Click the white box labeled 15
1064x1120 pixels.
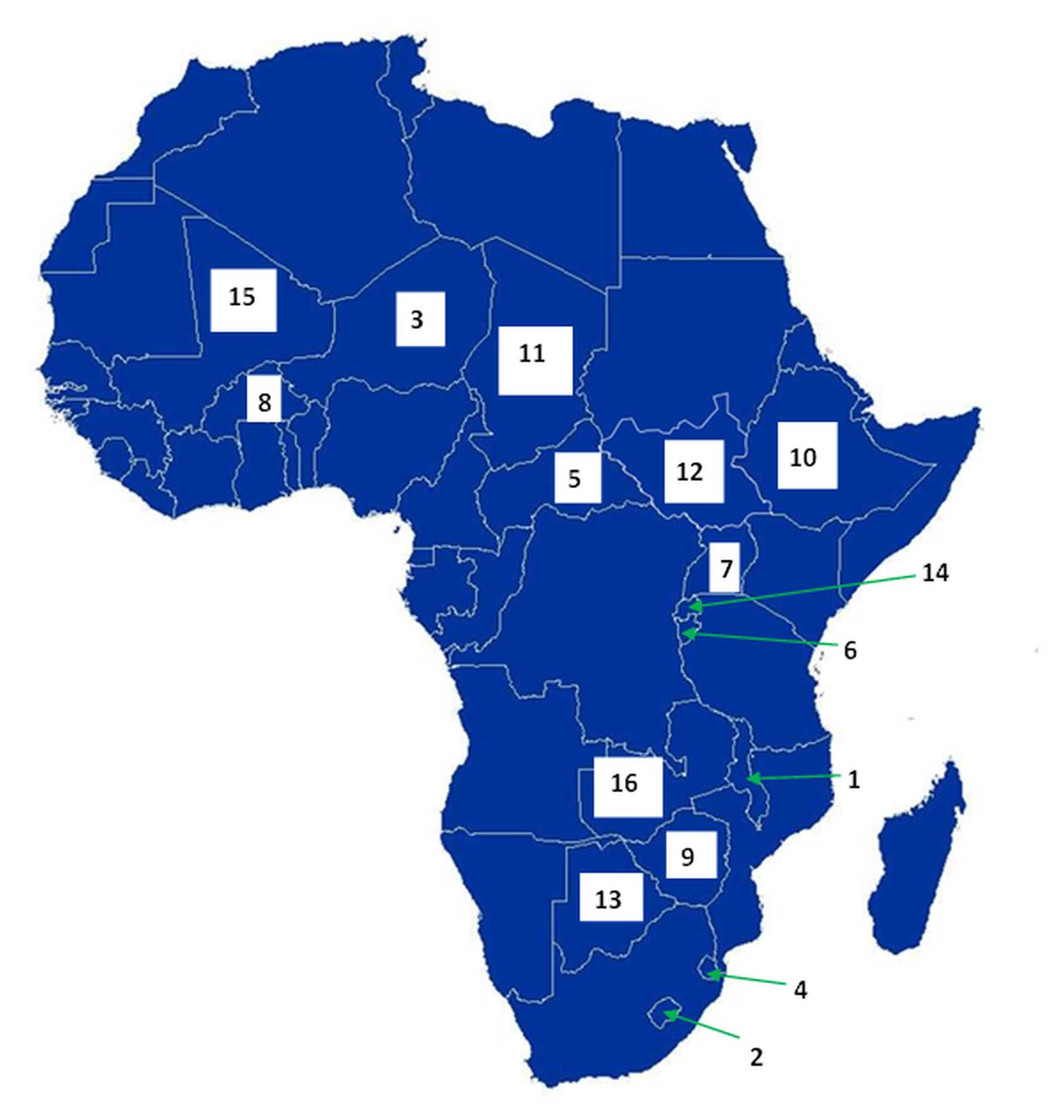[x=243, y=300]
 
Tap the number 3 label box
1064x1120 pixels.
[x=420, y=319]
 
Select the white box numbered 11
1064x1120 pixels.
[x=535, y=360]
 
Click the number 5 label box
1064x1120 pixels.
[x=577, y=477]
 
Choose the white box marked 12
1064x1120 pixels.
[x=694, y=471]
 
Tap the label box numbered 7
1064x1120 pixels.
[x=724, y=567]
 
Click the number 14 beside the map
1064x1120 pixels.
[x=935, y=573]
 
